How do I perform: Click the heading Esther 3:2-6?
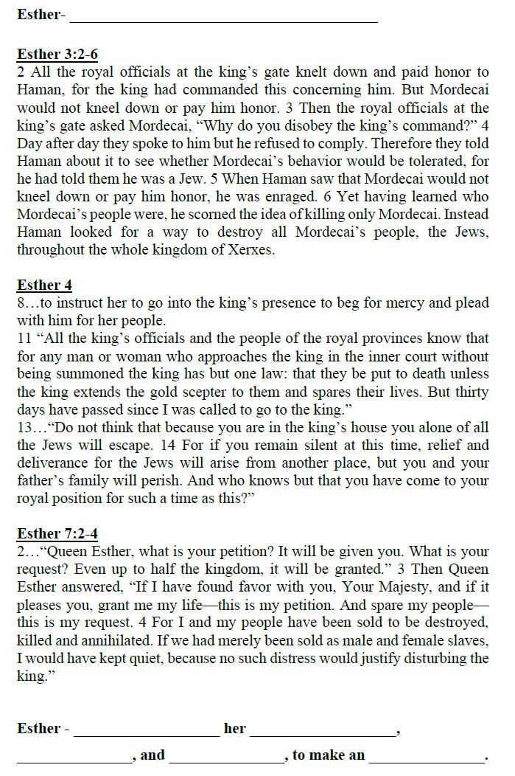coord(57,55)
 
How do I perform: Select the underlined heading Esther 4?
coord(44,285)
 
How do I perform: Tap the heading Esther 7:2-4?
coord(57,534)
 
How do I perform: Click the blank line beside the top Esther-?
coord(224,16)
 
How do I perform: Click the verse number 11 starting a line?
coord(24,339)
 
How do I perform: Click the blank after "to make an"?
coord(427,757)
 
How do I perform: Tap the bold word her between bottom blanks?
coord(235,729)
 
